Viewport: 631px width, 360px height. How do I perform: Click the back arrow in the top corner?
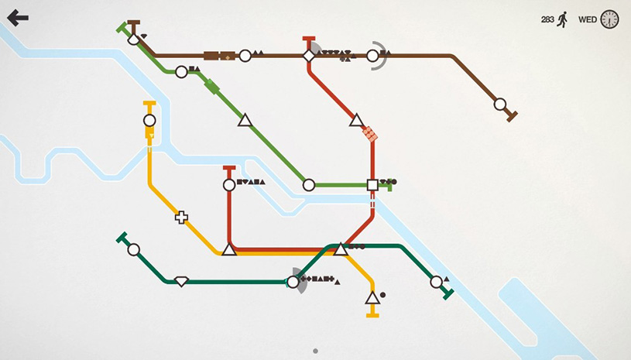coord(17,17)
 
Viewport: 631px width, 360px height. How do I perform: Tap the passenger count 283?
coord(547,19)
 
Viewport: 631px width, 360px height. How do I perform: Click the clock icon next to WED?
coord(610,19)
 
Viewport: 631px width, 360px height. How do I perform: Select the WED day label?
coord(588,19)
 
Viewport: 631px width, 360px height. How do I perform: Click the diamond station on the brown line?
coord(309,56)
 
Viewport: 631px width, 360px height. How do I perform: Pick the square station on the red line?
coord(372,185)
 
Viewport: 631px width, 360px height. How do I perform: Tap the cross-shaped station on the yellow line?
coord(181,218)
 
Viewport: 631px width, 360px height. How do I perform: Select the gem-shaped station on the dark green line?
coord(181,281)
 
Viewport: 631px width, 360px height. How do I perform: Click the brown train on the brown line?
coord(219,56)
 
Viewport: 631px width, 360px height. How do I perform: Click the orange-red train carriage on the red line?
coord(371,134)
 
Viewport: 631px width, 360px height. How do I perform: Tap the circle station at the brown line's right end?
coord(500,104)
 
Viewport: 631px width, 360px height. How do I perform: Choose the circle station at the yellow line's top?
coord(149,121)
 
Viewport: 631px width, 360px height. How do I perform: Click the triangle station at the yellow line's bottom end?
coord(372,298)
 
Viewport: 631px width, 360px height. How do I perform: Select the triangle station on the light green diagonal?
coord(245,120)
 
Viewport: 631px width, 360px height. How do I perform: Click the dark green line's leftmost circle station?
coord(134,249)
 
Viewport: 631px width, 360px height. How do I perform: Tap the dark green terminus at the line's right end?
coord(447,293)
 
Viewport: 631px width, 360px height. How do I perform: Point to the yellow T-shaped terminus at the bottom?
coord(372,314)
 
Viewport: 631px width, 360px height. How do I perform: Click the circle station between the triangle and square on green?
coord(308,185)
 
